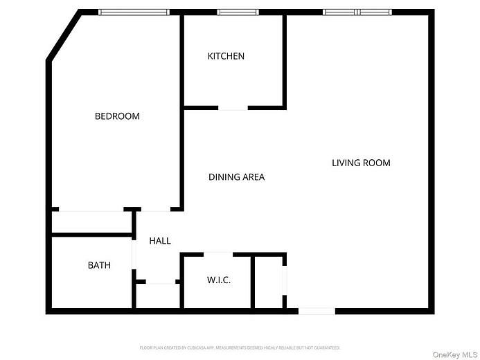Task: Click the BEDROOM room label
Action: tap(117, 116)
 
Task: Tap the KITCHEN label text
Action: tap(226, 56)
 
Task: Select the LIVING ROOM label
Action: tap(361, 163)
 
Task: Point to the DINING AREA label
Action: tap(236, 177)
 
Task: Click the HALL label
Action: tap(160, 241)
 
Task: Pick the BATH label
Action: tap(99, 265)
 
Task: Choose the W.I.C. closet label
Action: tap(219, 280)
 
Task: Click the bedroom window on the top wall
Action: tap(134, 12)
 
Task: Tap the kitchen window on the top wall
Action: tap(238, 12)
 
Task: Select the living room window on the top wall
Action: tap(357, 12)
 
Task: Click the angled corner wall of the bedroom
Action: tap(63, 35)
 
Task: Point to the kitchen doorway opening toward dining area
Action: tap(233, 108)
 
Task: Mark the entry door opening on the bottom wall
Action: tap(317, 312)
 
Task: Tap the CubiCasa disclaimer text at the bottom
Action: tap(240, 348)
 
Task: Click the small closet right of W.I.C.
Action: tap(268, 282)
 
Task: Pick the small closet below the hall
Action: tap(158, 296)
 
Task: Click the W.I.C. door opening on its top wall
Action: tap(218, 254)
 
